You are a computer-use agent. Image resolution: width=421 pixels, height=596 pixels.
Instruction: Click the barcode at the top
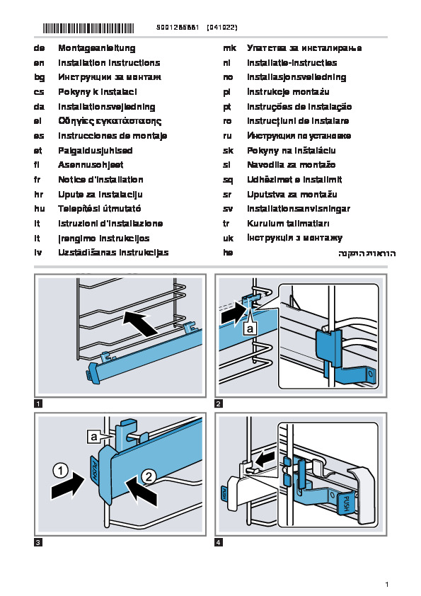click(x=88, y=28)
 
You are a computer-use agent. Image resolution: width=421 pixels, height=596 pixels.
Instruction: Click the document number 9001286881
click(x=178, y=28)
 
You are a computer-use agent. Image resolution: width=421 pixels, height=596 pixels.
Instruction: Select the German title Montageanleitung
click(x=97, y=48)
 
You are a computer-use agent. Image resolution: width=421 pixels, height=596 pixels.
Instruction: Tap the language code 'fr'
click(x=38, y=180)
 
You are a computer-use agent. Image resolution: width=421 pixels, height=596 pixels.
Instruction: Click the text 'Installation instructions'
click(x=109, y=63)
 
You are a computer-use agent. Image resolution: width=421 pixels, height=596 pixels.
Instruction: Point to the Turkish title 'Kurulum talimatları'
click(x=288, y=224)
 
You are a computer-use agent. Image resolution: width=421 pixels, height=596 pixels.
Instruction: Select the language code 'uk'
click(x=229, y=239)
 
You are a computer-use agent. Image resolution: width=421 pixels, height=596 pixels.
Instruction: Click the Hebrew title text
click(x=367, y=253)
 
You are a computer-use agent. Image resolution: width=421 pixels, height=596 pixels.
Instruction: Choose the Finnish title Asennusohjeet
click(x=91, y=165)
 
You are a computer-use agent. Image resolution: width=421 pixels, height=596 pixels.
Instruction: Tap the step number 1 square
click(x=38, y=403)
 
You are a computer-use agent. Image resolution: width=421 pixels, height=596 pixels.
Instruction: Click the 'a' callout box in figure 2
click(x=250, y=328)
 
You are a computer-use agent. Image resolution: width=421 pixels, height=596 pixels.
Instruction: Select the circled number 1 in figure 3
click(x=60, y=471)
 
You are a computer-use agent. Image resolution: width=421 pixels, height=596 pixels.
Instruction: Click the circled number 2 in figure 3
click(x=149, y=476)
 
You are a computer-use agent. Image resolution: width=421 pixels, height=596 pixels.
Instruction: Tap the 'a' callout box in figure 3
click(x=94, y=437)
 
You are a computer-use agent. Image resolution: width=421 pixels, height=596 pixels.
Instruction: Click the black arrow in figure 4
click(x=265, y=459)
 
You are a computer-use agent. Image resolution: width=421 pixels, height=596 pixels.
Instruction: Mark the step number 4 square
click(x=219, y=542)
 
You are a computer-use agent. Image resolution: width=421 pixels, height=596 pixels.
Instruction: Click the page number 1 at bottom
click(x=387, y=584)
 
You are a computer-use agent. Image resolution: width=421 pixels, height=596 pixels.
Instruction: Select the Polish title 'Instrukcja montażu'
click(x=288, y=92)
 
